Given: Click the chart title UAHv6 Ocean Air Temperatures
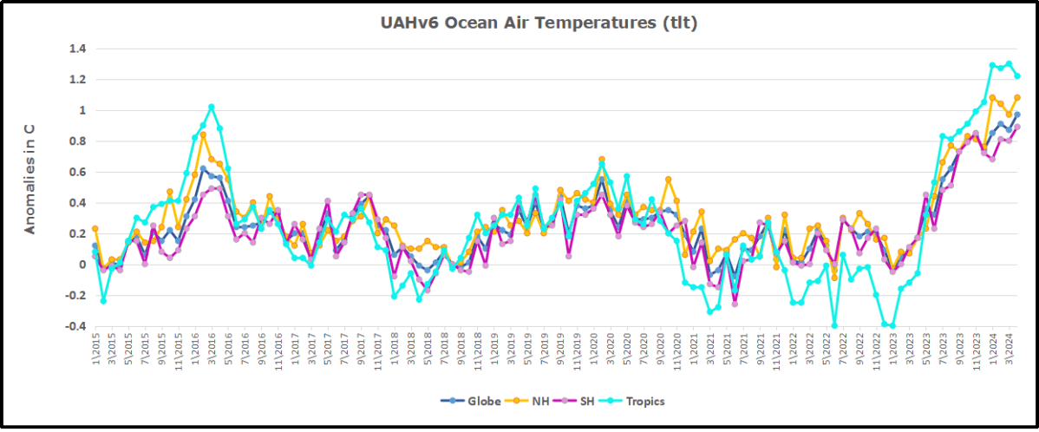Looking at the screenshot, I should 539,23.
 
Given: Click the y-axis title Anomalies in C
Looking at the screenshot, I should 29,178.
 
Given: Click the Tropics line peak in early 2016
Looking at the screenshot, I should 212,107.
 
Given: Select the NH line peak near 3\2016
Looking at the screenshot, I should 203,134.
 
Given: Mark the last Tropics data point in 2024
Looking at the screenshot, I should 1017,76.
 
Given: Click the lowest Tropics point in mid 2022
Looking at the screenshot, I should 834,326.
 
